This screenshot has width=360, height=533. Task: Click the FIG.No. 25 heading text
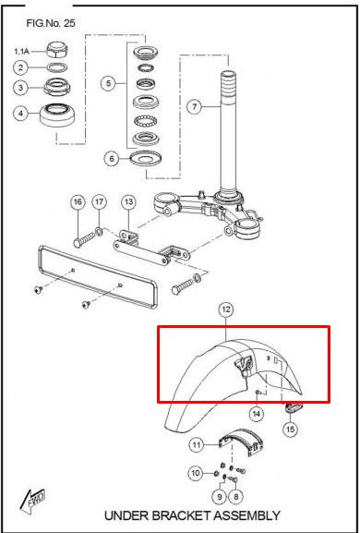(x=51, y=22)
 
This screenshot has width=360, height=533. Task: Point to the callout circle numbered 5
(x=110, y=84)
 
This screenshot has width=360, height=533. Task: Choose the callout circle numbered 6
(x=110, y=158)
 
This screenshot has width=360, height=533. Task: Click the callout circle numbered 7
(x=194, y=106)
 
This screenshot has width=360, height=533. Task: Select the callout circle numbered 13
(x=128, y=202)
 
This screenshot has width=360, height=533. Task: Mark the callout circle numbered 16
(x=78, y=202)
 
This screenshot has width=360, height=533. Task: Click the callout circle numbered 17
(x=100, y=202)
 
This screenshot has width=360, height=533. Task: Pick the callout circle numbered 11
(x=198, y=445)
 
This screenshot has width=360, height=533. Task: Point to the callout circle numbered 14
(x=258, y=415)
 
